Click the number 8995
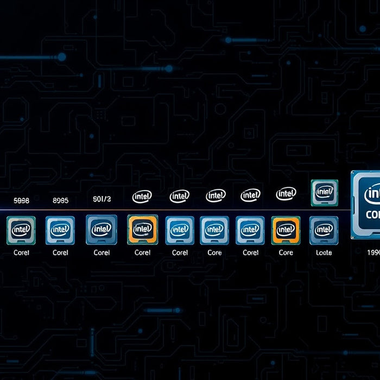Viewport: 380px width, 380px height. click(x=60, y=200)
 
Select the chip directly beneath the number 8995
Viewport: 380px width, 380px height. click(x=60, y=230)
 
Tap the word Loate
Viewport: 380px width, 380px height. click(x=324, y=252)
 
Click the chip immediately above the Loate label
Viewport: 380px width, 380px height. click(x=324, y=230)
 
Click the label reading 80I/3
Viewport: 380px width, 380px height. click(x=102, y=200)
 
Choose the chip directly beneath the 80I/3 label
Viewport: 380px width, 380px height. click(x=102, y=230)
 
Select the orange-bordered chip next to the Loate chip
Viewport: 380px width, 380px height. click(x=286, y=230)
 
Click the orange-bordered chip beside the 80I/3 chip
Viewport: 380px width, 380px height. click(x=142, y=230)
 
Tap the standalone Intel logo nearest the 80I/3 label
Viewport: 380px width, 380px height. click(x=142, y=196)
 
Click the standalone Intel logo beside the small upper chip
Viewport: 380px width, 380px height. click(x=286, y=193)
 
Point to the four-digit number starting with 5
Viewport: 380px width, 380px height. click(x=22, y=200)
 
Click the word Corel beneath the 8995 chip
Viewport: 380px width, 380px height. click(x=60, y=252)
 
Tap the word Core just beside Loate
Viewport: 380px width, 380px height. click(x=286, y=252)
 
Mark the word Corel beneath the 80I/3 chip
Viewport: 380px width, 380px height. click(x=102, y=252)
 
